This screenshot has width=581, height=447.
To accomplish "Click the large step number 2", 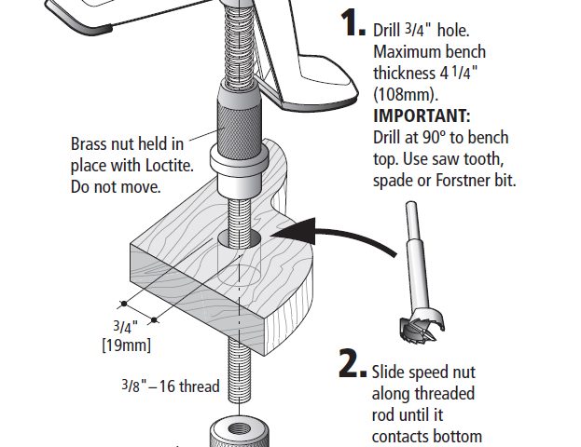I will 350,366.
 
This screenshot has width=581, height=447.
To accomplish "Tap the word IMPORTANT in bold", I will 422,115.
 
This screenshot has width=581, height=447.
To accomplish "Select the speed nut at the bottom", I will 242,433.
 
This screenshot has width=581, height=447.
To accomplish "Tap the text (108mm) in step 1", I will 405,94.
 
